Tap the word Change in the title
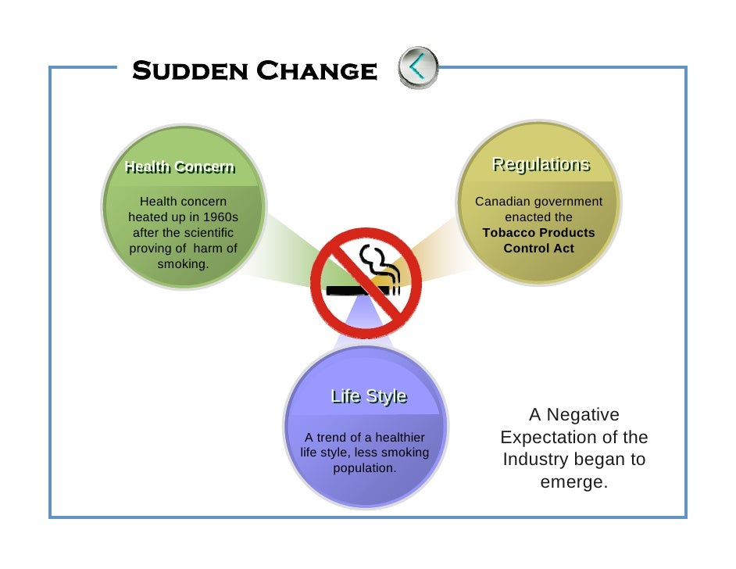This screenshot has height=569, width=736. (x=317, y=71)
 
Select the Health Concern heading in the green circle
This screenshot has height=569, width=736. (x=180, y=166)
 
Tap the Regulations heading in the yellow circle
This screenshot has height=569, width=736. (x=540, y=165)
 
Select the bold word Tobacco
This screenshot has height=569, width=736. (x=509, y=233)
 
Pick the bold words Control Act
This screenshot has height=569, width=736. (x=538, y=249)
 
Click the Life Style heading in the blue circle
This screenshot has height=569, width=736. (x=369, y=396)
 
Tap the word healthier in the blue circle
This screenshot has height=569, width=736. (x=398, y=438)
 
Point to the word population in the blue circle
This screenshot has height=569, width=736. (x=364, y=469)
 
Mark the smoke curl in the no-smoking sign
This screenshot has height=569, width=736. (x=378, y=263)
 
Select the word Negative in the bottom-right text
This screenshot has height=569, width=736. (x=582, y=415)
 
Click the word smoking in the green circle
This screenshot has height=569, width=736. (x=183, y=264)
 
